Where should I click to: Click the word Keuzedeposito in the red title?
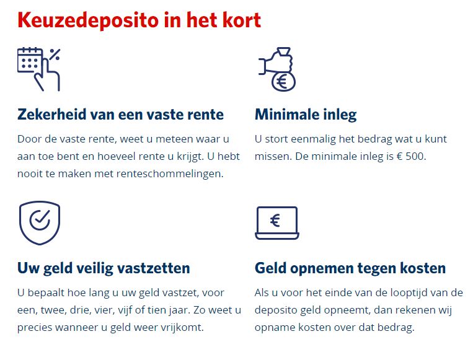tap(88, 20)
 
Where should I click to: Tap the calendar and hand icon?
tap(38, 69)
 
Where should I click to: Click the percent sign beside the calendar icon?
tap(55, 55)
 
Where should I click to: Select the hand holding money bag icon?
tap(277, 69)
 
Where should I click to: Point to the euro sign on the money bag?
tap(283, 81)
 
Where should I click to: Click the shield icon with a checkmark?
tap(40, 223)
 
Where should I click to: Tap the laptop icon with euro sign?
tap(277, 223)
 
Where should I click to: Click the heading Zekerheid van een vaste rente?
tap(120, 115)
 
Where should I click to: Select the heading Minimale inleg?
tap(306, 115)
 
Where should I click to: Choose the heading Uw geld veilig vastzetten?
tap(104, 268)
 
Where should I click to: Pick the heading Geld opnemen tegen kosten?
tap(350, 268)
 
